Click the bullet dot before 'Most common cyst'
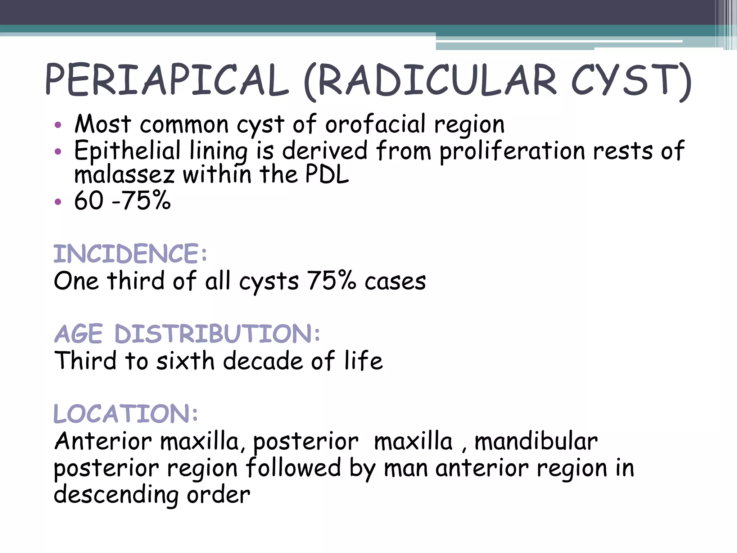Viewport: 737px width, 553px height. (58, 125)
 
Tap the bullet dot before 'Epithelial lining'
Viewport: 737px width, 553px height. (58, 152)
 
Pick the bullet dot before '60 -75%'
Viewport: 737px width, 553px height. (58, 202)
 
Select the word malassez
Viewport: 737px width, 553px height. (124, 175)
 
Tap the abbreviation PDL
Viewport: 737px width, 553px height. (327, 174)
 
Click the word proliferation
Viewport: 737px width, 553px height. (512, 151)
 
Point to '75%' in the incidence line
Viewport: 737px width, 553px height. (331, 281)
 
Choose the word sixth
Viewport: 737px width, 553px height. (185, 361)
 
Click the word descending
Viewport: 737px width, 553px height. (116, 495)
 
